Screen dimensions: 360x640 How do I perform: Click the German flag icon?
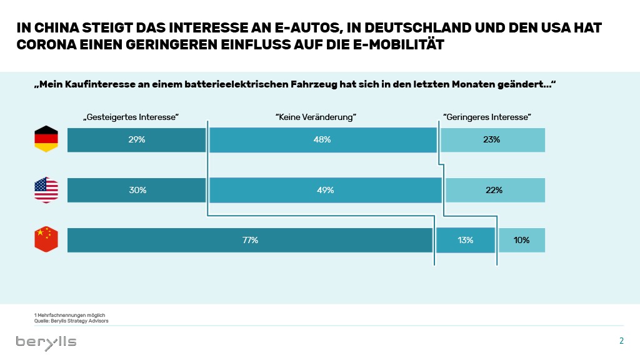click(x=46, y=139)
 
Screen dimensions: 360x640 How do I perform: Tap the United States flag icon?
click(x=46, y=190)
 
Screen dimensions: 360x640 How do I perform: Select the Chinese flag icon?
click(x=46, y=240)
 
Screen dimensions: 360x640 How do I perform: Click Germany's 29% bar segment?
click(x=136, y=140)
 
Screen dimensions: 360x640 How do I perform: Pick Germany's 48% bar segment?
click(x=322, y=140)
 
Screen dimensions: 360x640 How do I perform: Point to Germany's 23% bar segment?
click(x=492, y=140)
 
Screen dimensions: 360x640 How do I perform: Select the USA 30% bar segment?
click(x=136, y=190)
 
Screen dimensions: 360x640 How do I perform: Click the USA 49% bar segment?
click(x=325, y=190)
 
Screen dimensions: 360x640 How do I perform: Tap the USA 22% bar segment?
click(x=494, y=190)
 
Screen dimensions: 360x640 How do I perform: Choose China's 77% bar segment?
click(x=250, y=240)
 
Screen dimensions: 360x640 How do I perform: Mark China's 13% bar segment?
click(x=465, y=240)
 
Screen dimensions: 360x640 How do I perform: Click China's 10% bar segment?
click(x=522, y=240)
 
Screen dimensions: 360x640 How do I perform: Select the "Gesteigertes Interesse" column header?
click(x=131, y=117)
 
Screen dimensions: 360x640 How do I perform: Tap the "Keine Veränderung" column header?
click(x=315, y=117)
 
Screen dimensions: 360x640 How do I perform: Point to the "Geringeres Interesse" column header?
click(x=487, y=117)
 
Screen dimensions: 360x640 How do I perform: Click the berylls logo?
click(x=46, y=341)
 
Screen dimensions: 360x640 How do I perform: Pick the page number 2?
click(x=621, y=341)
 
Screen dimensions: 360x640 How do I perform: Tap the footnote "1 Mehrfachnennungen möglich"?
click(x=61, y=316)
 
